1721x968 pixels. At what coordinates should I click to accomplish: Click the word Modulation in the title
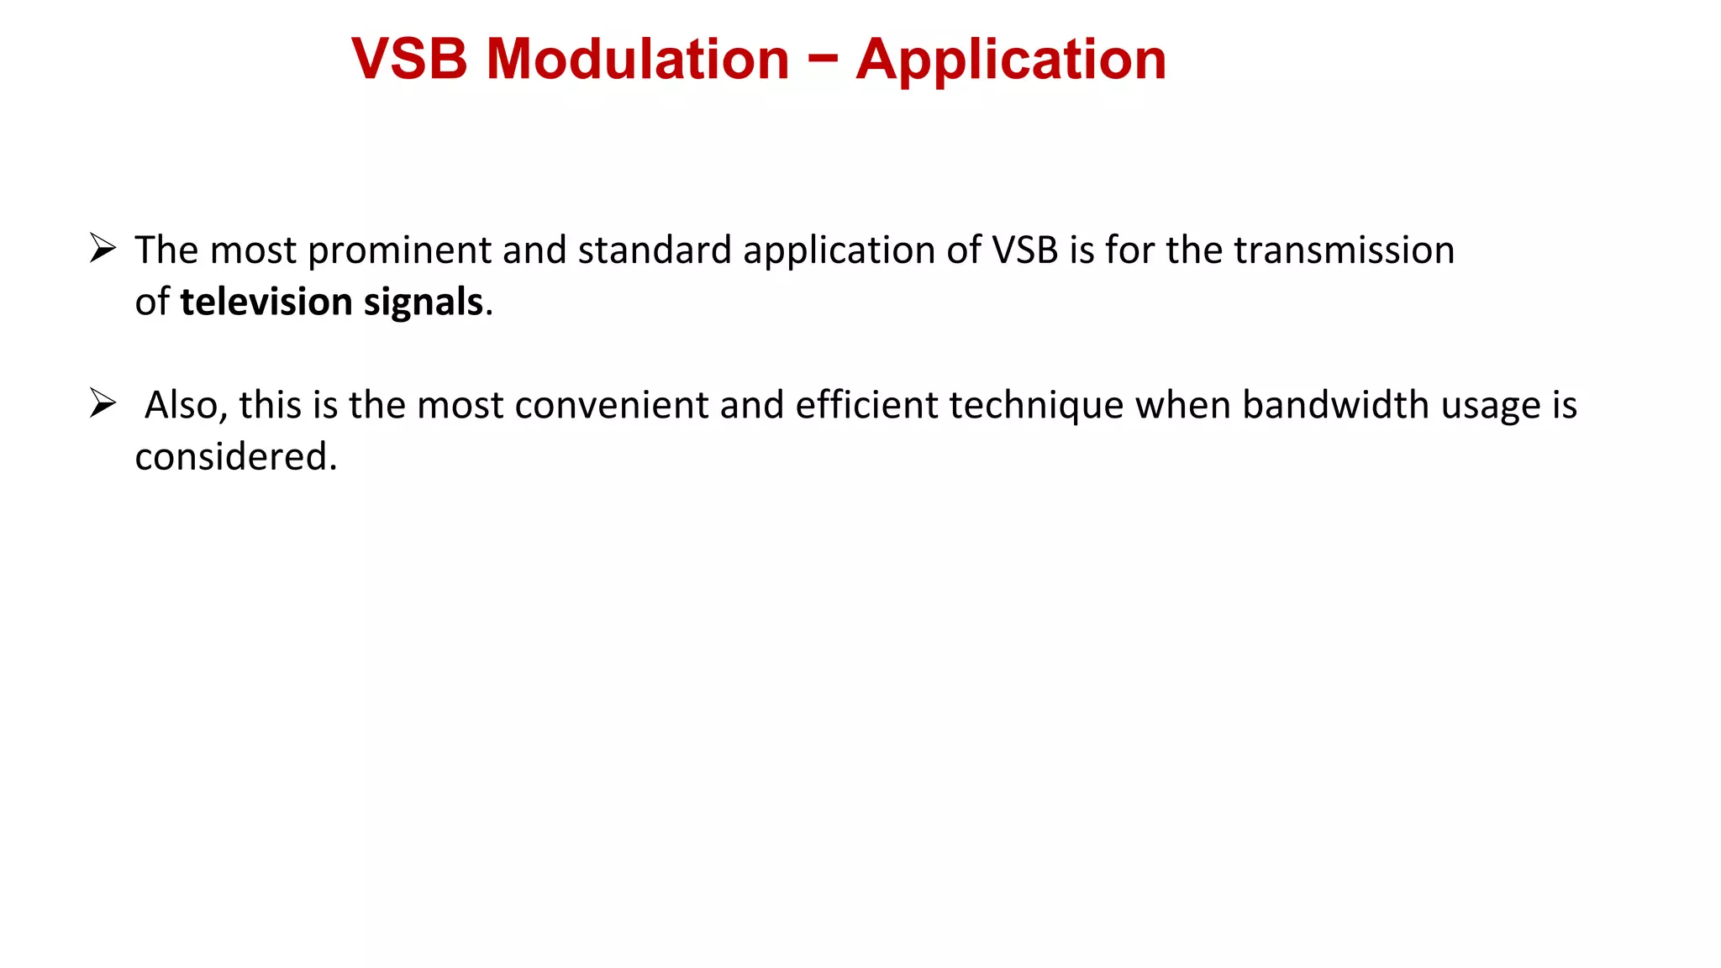click(638, 60)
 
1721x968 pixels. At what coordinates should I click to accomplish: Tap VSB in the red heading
click(409, 60)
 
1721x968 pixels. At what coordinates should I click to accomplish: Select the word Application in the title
click(1011, 61)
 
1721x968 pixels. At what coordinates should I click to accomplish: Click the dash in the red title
click(824, 59)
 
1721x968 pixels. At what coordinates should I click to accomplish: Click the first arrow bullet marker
click(103, 249)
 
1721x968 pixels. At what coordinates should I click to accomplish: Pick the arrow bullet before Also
click(103, 403)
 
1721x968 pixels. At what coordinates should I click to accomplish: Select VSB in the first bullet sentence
click(1024, 250)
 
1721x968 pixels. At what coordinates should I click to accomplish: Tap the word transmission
click(1344, 250)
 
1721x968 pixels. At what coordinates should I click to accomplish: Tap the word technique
click(1036, 407)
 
